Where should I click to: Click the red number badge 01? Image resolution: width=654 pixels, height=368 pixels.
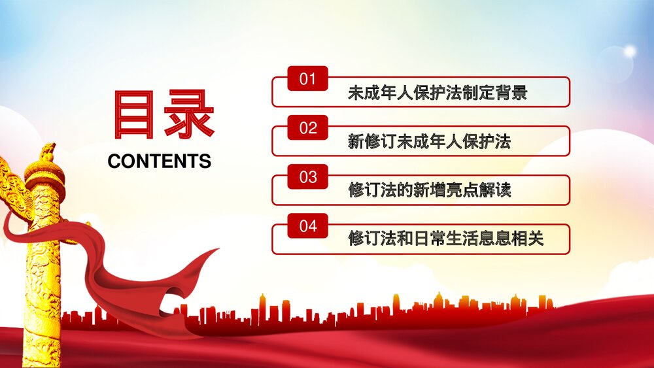[307, 80]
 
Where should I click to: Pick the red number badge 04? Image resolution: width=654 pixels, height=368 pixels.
[307, 227]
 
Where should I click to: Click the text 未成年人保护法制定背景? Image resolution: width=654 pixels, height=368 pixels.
[437, 93]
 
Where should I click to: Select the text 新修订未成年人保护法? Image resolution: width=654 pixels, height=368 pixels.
[429, 142]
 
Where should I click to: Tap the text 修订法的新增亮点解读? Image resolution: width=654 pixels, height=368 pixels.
[429, 190]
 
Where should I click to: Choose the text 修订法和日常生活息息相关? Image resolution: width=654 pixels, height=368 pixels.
[445, 239]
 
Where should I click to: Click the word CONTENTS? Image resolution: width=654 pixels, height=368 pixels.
[160, 161]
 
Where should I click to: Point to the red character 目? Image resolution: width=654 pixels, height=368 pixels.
[133, 115]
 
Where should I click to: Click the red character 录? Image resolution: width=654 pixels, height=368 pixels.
[189, 115]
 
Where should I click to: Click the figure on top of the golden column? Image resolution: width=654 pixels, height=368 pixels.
[46, 153]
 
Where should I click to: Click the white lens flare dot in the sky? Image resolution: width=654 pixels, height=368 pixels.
[630, 51]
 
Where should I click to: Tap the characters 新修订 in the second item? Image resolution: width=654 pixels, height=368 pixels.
[372, 142]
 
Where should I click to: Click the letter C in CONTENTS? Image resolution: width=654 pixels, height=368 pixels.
[114, 161]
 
